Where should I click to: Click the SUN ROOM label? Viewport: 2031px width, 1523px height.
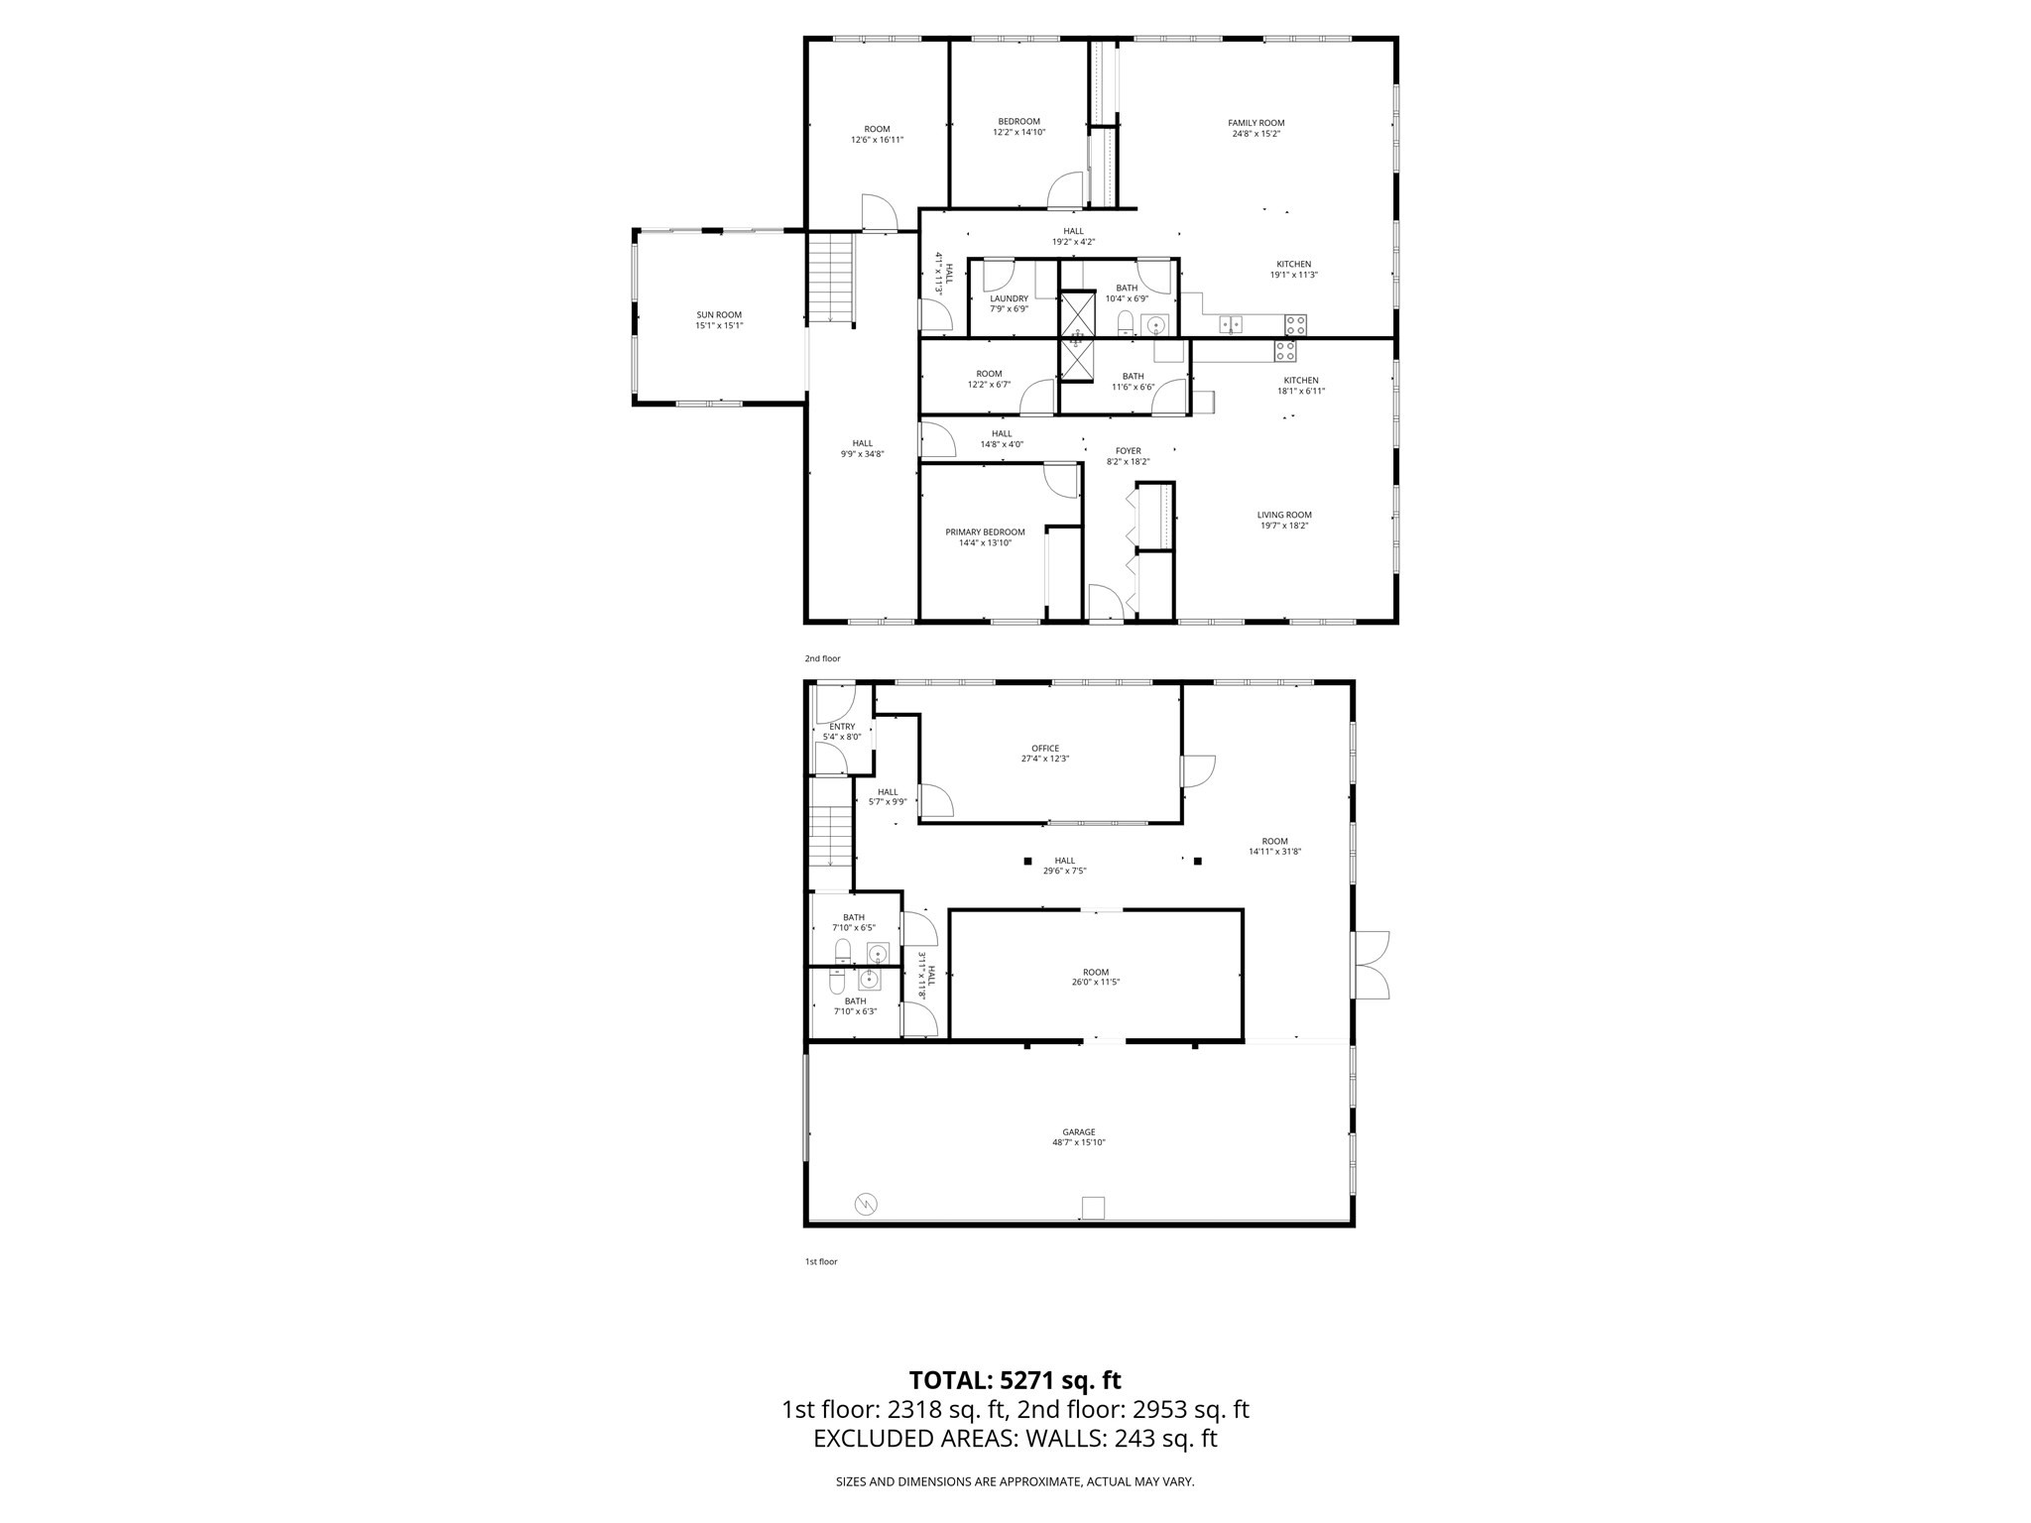pyautogui.click(x=719, y=315)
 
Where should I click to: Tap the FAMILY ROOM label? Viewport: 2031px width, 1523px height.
pyautogui.click(x=1255, y=123)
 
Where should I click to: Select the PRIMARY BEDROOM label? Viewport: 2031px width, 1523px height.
pyautogui.click(x=985, y=532)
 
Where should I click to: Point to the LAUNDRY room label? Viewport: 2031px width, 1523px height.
pyautogui.click(x=1009, y=298)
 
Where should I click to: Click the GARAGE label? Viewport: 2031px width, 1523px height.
pyautogui.click(x=1079, y=1131)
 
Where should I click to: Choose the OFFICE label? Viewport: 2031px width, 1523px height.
pyautogui.click(x=1045, y=749)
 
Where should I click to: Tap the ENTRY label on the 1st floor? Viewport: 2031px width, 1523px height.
pyautogui.click(x=842, y=727)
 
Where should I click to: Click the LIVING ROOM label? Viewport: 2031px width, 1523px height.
pyautogui.click(x=1284, y=515)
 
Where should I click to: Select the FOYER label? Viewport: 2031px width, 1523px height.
pyautogui.click(x=1128, y=451)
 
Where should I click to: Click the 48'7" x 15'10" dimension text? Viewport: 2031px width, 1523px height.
pyautogui.click(x=1079, y=1142)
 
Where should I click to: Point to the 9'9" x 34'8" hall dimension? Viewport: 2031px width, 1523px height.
pyautogui.click(x=863, y=454)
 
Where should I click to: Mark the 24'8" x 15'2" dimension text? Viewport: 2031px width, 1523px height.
pyautogui.click(x=1255, y=134)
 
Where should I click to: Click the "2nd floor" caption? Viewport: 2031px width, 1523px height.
pyautogui.click(x=822, y=658)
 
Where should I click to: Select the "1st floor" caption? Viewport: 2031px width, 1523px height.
pyautogui.click(x=821, y=1261)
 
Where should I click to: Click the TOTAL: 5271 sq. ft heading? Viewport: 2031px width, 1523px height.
pyautogui.click(x=1015, y=1380)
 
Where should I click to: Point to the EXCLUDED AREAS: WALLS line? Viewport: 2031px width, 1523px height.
pyautogui.click(x=1015, y=1439)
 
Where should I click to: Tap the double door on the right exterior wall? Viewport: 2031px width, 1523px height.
pyautogui.click(x=1371, y=965)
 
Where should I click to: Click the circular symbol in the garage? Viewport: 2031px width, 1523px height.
pyautogui.click(x=866, y=1205)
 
